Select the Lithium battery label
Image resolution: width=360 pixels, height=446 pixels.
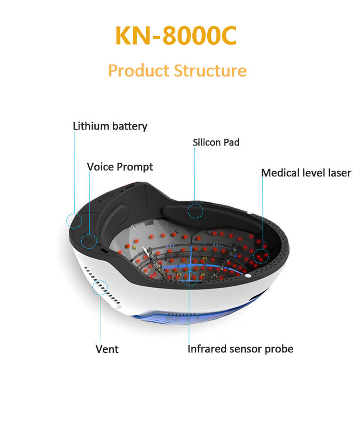pos(110,126)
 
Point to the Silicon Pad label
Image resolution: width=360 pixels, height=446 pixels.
pos(216,142)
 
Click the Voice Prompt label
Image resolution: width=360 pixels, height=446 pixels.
pos(120,166)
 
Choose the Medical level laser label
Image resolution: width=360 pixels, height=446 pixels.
pos(306,173)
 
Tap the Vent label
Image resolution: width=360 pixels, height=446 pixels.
pos(107,349)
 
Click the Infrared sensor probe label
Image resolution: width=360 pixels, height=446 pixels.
pos(240,348)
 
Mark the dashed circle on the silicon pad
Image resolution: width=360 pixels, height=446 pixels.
pos(196,211)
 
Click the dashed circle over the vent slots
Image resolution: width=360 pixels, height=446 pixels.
pos(100,287)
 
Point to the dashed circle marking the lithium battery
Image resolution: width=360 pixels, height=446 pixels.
pos(74,220)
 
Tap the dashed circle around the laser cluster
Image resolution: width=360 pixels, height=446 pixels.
pos(261,256)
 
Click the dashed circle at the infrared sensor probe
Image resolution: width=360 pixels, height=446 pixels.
pos(190,278)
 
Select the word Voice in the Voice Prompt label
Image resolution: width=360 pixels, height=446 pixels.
pos(100,166)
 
